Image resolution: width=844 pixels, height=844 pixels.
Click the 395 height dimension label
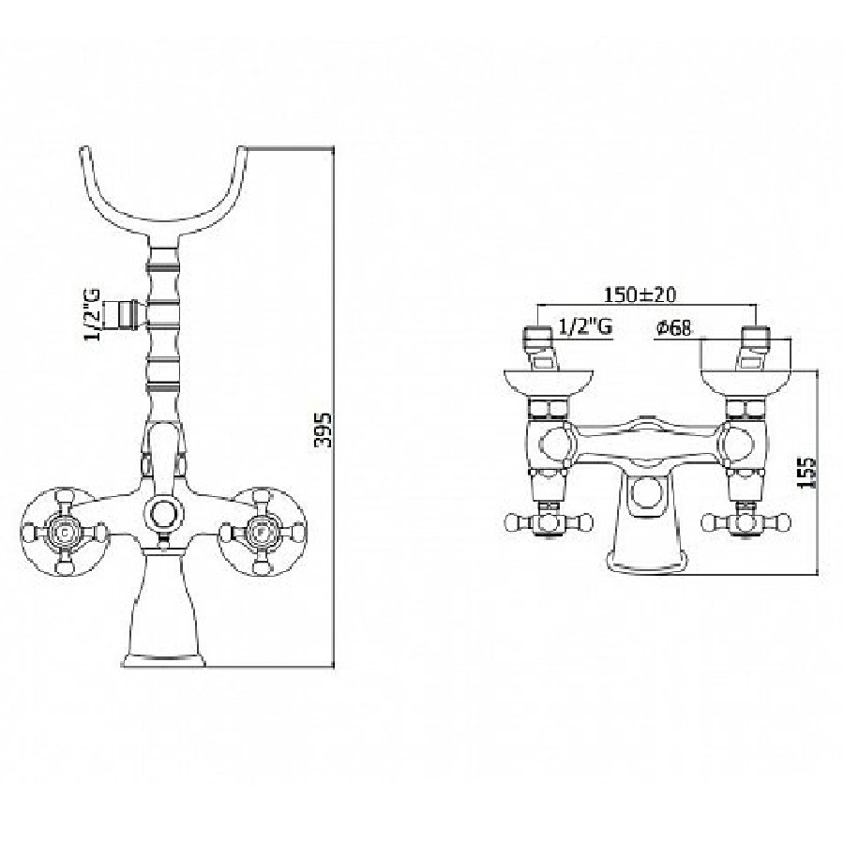323,430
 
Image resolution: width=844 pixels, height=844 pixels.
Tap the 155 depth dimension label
806,474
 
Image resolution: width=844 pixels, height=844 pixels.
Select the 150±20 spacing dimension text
640,295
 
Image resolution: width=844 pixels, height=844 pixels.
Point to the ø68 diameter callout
673,327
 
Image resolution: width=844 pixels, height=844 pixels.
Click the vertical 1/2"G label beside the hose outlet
92,315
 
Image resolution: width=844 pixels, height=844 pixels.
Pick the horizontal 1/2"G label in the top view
585,326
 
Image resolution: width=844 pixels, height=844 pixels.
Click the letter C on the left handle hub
65,533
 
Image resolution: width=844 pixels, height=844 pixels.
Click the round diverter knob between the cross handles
163,513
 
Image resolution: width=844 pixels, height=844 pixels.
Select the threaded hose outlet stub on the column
124,314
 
